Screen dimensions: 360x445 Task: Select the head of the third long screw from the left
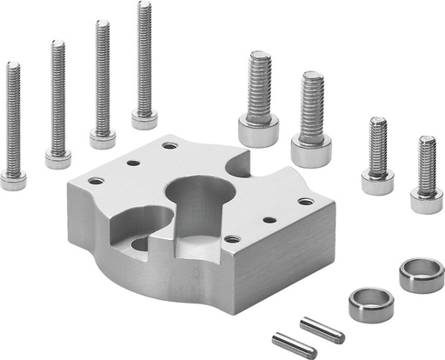pyautogui.click(x=103, y=137)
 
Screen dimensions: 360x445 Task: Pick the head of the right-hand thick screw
pyautogui.click(x=310, y=151)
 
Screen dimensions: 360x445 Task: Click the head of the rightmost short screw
pyautogui.click(x=426, y=201)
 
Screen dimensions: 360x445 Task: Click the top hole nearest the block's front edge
pyautogui.click(x=231, y=238)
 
